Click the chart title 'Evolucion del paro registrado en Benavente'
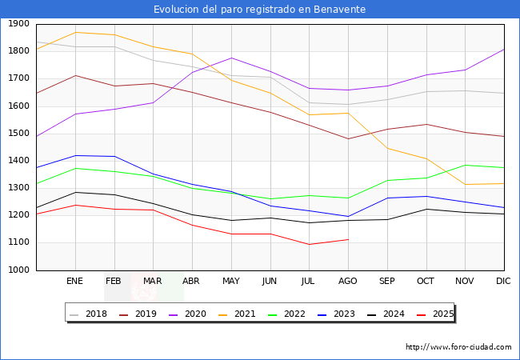click(x=260, y=10)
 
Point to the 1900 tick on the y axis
click(x=19, y=24)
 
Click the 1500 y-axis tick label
click(x=19, y=134)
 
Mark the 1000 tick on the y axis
click(x=19, y=270)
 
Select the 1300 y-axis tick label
click(x=19, y=188)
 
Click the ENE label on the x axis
click(x=75, y=281)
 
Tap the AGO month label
click(x=348, y=281)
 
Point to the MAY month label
click(x=231, y=281)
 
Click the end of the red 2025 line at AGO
click(x=348, y=239)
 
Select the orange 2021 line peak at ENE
click(x=75, y=32)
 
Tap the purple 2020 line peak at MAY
click(x=231, y=58)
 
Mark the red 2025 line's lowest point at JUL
click(x=309, y=244)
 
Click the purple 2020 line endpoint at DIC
click(x=504, y=50)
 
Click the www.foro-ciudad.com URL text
click(x=458, y=347)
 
